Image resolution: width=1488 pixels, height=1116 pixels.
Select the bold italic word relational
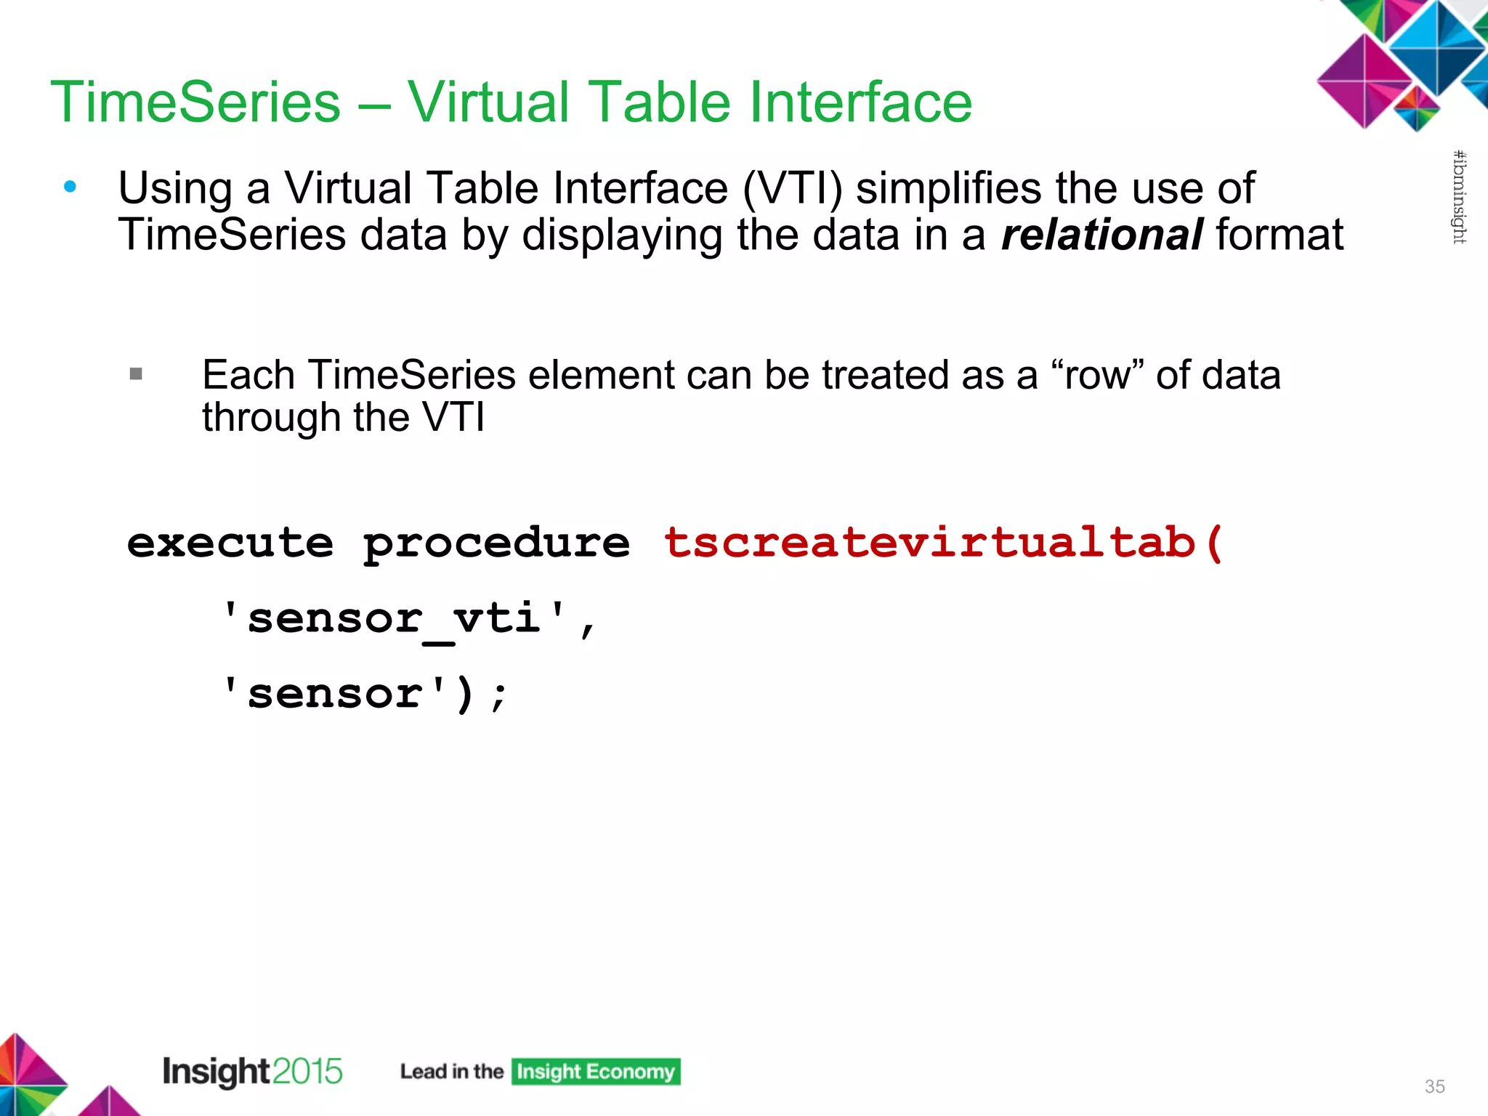pos(1101,235)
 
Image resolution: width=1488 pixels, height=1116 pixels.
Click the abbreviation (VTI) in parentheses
pos(793,188)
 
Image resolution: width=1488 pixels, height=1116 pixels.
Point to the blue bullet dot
pos(70,187)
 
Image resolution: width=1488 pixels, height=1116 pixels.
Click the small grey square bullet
pos(136,374)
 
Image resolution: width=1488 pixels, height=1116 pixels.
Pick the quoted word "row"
pos(1096,375)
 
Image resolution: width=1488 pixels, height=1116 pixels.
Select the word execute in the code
pos(230,543)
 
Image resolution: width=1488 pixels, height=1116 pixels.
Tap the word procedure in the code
pos(496,543)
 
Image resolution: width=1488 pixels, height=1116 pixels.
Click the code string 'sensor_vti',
pos(408,619)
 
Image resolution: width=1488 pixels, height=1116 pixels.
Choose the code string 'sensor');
pos(363,694)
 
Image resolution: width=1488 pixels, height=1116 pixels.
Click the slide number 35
pos(1434,1086)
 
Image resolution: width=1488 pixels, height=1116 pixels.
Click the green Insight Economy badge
pos(596,1072)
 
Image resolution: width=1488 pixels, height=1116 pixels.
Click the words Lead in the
pos(451,1072)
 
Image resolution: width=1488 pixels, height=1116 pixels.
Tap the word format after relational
pos(1279,235)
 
